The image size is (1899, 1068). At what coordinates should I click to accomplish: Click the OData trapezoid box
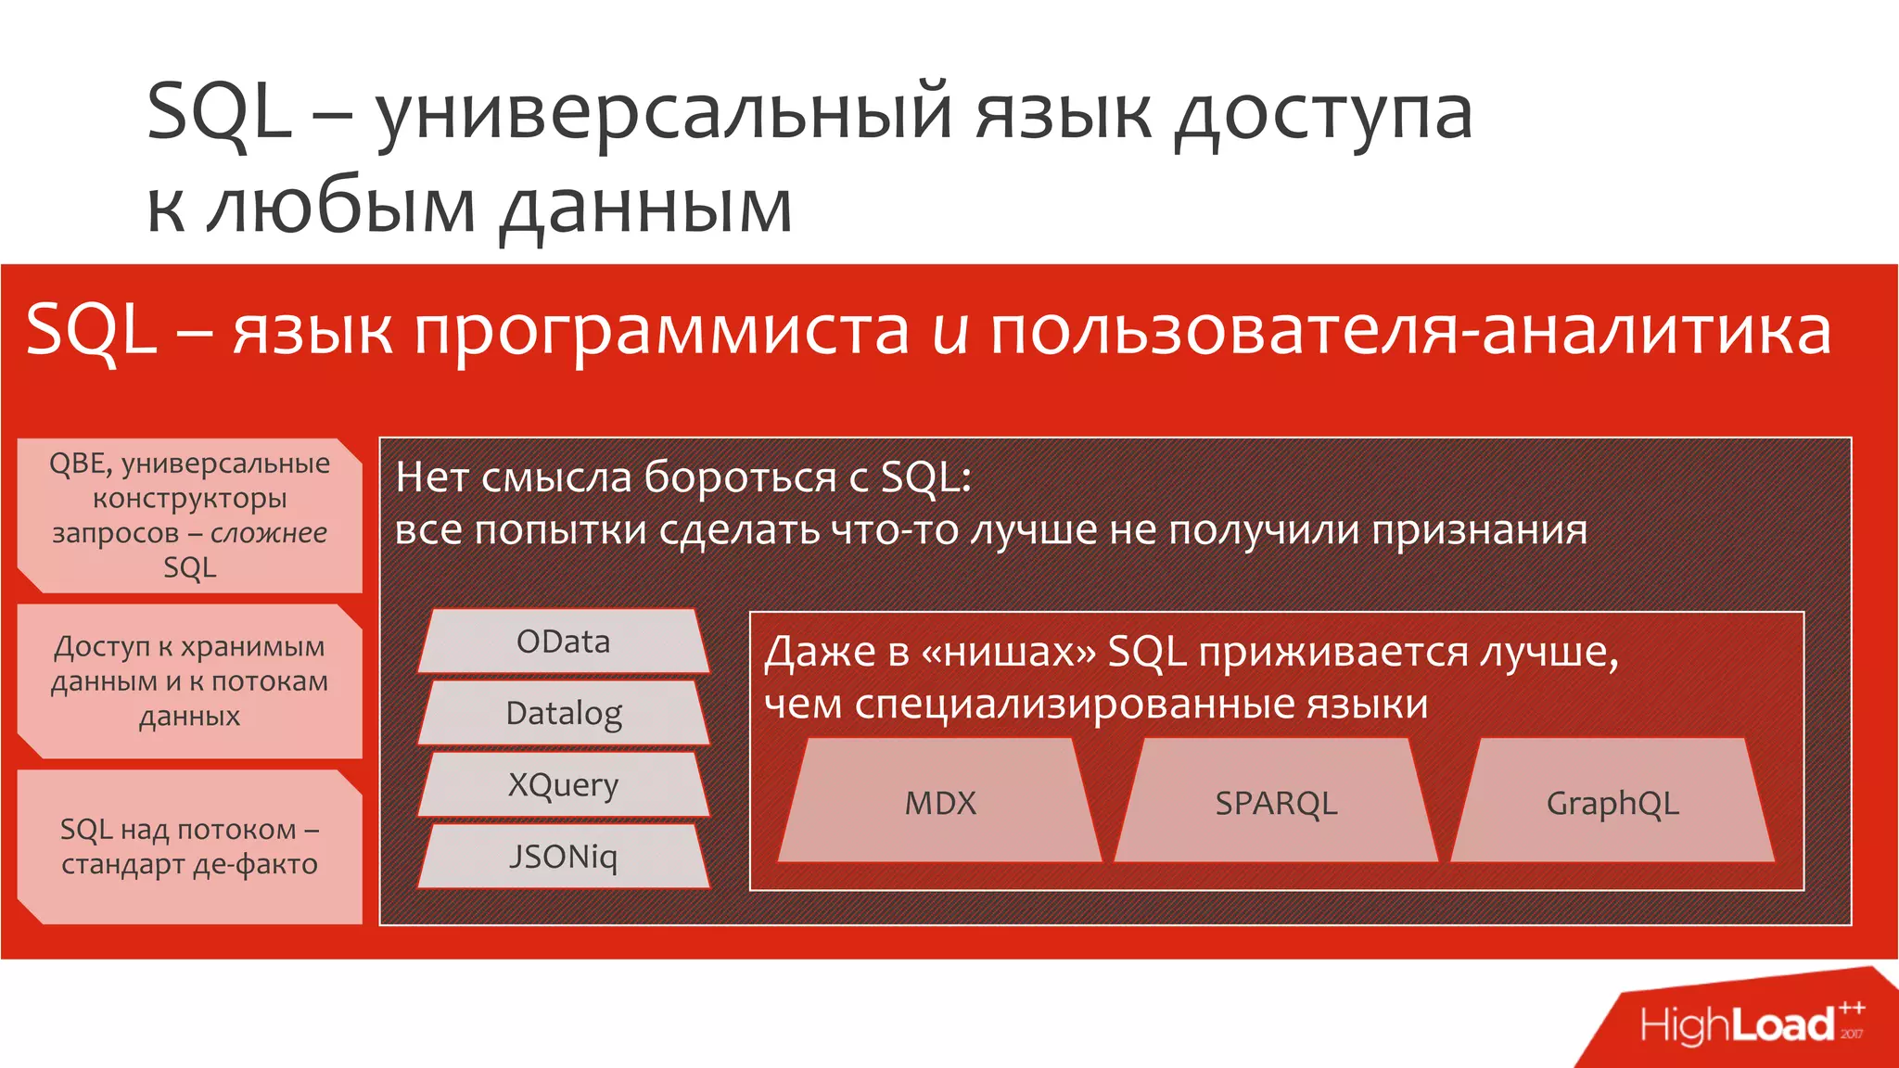(x=563, y=642)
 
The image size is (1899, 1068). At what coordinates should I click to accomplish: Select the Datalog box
(x=563, y=713)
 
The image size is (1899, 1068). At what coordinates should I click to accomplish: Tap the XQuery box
(x=563, y=784)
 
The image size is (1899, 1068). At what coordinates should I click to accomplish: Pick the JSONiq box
(x=563, y=857)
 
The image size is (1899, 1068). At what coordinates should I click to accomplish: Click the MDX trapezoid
(x=939, y=802)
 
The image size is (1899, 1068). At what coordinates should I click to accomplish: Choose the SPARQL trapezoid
(x=1276, y=802)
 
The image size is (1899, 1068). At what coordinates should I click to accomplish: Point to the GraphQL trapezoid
(x=1612, y=802)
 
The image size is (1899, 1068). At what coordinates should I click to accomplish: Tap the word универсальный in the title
(x=663, y=113)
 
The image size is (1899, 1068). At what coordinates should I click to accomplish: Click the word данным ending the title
(x=646, y=206)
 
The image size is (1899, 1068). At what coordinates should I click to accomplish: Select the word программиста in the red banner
(x=662, y=332)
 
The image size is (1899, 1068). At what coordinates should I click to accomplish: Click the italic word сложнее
(x=269, y=533)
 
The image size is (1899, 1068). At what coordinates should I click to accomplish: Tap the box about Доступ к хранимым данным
(x=189, y=681)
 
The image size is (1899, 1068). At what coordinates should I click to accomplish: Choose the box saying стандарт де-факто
(x=189, y=846)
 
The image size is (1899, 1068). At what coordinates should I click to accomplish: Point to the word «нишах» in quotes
(x=1008, y=653)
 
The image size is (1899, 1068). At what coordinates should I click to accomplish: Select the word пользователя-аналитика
(x=1410, y=332)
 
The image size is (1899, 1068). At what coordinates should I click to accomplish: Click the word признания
(x=1480, y=531)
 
